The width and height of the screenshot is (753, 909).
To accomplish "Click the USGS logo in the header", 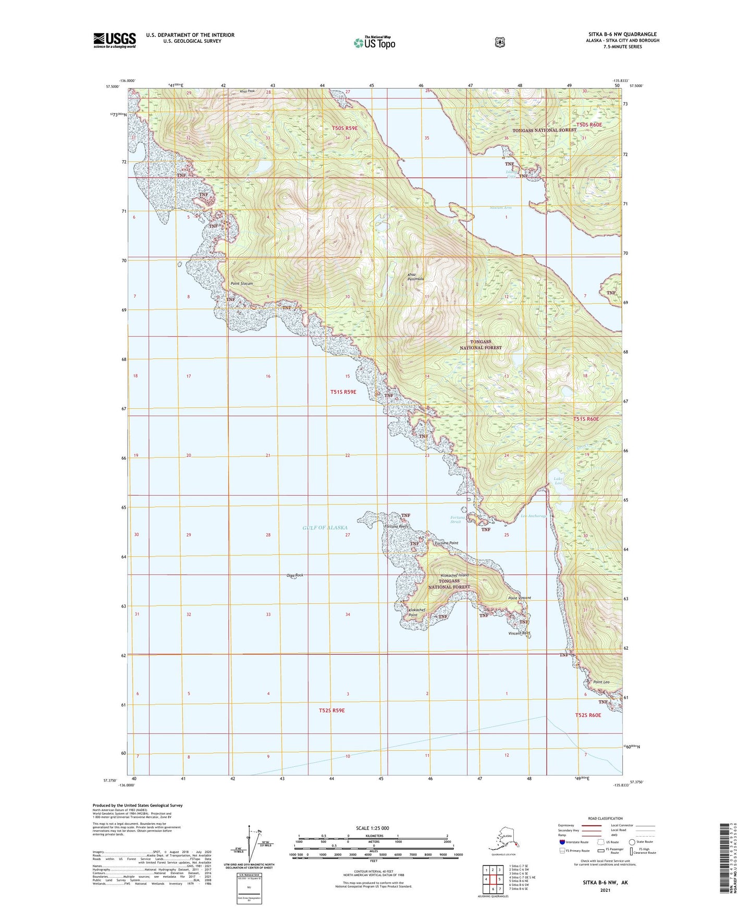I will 115,40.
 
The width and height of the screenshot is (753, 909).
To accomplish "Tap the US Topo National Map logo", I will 374,42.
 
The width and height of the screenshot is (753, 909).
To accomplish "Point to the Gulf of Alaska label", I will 325,527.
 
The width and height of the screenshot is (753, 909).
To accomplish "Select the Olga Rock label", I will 294,575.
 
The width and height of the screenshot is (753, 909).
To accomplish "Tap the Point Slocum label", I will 242,284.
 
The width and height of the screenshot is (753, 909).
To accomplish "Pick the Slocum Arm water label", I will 500,208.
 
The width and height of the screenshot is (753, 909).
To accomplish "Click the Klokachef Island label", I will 454,575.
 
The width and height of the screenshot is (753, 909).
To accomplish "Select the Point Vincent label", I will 520,598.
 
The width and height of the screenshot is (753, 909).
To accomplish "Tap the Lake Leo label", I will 558,481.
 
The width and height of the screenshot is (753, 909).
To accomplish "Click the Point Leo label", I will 601,682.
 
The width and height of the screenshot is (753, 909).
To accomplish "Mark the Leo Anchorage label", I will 534,516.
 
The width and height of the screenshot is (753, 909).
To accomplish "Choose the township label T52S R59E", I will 331,710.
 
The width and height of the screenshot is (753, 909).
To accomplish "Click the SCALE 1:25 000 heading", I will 372,828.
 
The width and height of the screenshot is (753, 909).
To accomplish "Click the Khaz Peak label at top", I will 247,92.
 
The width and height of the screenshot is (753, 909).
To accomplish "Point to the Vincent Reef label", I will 519,634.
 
